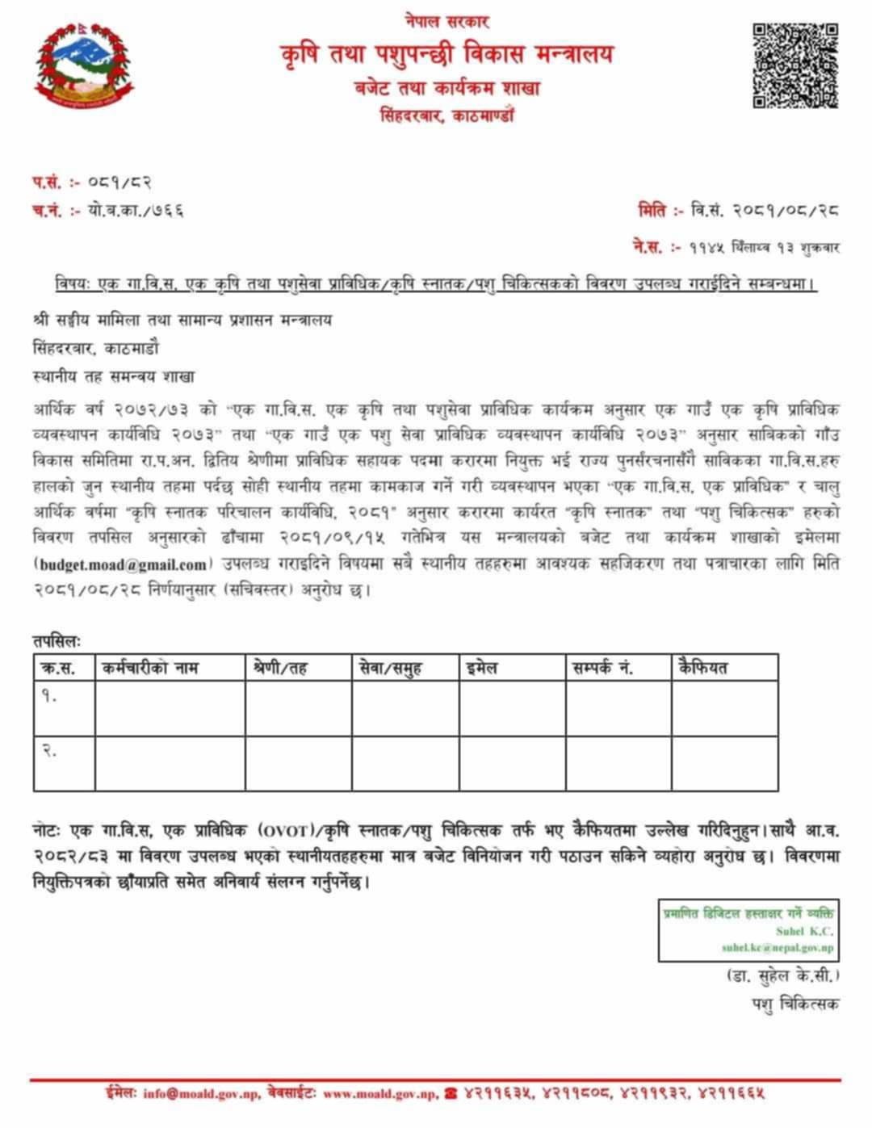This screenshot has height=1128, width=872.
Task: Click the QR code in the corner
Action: [794, 66]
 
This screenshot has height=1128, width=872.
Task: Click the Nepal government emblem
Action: [84, 66]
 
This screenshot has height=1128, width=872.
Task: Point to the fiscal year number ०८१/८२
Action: [120, 182]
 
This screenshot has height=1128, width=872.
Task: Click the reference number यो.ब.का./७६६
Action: [136, 211]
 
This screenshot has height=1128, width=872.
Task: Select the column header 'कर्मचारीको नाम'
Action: [150, 668]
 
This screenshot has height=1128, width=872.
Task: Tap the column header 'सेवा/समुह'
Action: [390, 668]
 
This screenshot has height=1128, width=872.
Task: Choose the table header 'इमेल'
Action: [482, 668]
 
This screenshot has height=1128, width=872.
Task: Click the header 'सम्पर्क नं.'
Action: [602, 668]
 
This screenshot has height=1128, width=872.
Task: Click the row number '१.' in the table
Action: [49, 696]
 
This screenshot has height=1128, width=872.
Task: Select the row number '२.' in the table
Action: [49, 751]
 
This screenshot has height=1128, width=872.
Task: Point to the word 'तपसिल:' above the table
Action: [57, 641]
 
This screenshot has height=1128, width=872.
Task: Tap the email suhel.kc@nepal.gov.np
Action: [777, 947]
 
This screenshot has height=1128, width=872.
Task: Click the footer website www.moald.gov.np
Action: [380, 1094]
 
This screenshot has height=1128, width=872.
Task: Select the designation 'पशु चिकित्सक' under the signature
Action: [794, 1004]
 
